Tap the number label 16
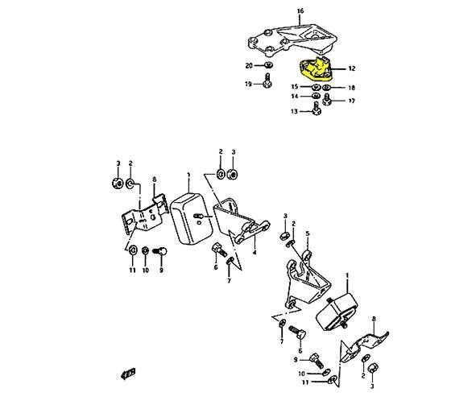click(x=301, y=11)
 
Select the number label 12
click(x=352, y=70)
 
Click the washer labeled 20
click(x=269, y=64)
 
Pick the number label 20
click(x=249, y=64)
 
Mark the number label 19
click(x=249, y=83)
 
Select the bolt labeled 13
click(x=316, y=112)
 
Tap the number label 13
click(x=295, y=112)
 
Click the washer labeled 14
click(x=316, y=97)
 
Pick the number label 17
click(x=352, y=101)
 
